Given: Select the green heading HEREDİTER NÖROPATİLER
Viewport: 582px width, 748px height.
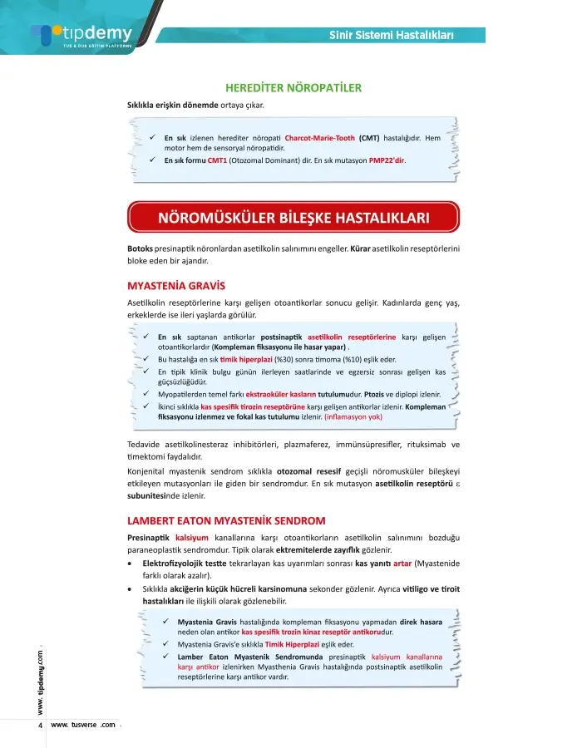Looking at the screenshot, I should (293, 87).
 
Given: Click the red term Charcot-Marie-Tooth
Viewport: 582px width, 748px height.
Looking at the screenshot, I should (319, 137).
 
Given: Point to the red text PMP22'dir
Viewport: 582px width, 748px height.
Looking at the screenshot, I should (387, 160).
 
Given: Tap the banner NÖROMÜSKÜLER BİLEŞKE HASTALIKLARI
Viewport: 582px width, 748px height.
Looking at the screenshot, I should (293, 219).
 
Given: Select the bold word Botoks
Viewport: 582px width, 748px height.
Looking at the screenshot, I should (140, 249).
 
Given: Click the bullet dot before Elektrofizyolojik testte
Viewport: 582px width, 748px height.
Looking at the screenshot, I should (130, 563).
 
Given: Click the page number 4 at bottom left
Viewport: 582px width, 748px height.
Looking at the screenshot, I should (40, 725).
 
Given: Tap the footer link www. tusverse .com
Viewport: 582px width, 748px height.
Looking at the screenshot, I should (83, 725).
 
